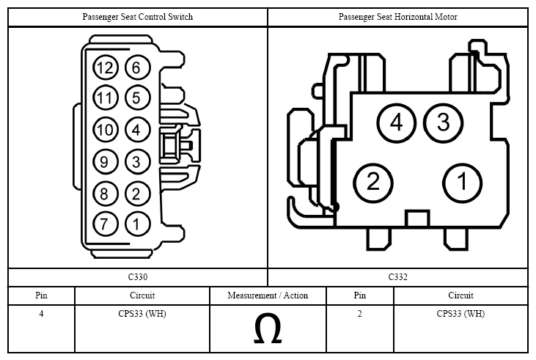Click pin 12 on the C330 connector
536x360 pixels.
pos(106,67)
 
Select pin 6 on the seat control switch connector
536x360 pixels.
pos(137,67)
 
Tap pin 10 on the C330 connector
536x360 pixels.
pos(106,130)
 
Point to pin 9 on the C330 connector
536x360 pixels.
pos(106,161)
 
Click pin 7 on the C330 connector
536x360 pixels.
pos(106,224)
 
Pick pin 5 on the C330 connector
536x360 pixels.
pos(137,98)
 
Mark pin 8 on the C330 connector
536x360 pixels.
pos(106,194)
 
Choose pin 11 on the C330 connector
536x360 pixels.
pos(106,98)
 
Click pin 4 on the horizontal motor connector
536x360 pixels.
pos(397,123)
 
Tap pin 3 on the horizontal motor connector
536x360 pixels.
pos(444,123)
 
